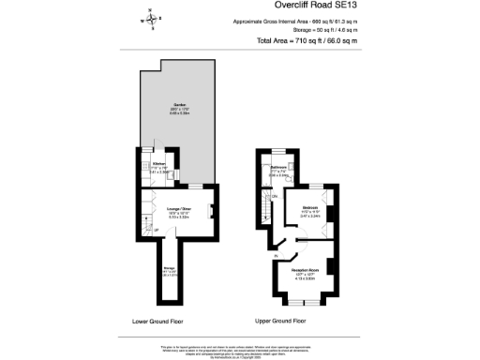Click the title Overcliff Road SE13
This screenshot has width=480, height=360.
(x=308, y=7)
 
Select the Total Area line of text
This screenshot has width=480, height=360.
(x=308, y=41)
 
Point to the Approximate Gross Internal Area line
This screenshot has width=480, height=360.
(x=308, y=22)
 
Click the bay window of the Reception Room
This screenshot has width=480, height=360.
(x=303, y=302)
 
